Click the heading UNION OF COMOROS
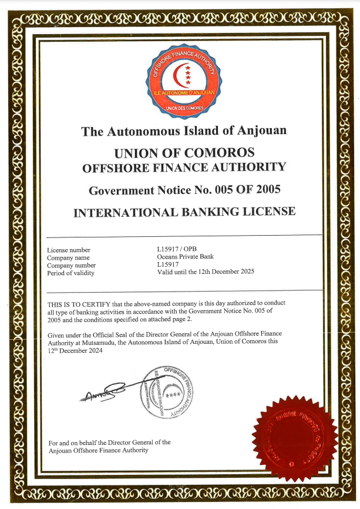(x=184, y=153)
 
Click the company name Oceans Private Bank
(x=185, y=257)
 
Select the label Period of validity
(x=70, y=273)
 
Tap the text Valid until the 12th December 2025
(x=206, y=272)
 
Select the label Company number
(x=70, y=265)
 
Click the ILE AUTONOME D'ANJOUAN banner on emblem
(x=184, y=93)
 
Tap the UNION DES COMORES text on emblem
(x=184, y=108)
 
